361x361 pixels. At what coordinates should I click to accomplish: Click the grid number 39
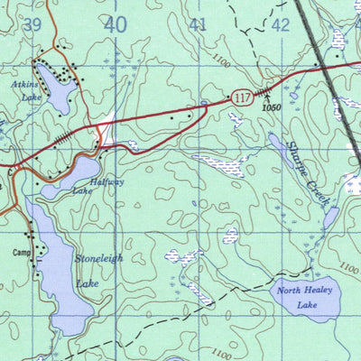point(33,26)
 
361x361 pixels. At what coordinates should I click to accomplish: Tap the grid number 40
point(116,26)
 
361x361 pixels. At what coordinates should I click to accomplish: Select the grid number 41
point(199,26)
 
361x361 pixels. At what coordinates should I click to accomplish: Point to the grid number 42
point(281,25)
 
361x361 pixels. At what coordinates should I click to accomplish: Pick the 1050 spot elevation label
point(262,107)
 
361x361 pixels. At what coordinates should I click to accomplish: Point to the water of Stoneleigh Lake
point(54,271)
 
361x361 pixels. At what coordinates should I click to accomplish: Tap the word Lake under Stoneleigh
point(88,283)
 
